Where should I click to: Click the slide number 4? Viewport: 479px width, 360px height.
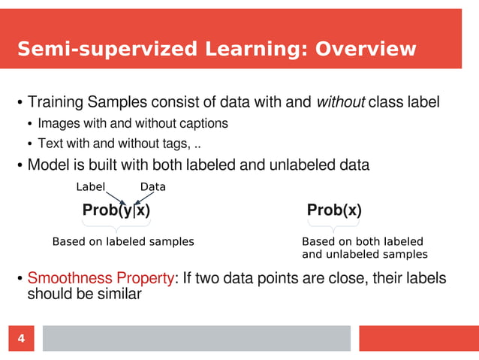tap(21, 339)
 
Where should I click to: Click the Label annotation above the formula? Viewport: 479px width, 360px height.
tap(91, 186)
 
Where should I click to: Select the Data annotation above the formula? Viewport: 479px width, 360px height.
tap(153, 186)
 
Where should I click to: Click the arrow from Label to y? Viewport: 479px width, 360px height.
tap(114, 198)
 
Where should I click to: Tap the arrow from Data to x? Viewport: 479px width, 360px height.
tap(145, 198)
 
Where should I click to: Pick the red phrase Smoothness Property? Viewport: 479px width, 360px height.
tap(101, 279)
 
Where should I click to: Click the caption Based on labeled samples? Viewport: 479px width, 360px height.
tap(123, 242)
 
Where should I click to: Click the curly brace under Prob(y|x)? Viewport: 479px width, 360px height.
tap(116, 225)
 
